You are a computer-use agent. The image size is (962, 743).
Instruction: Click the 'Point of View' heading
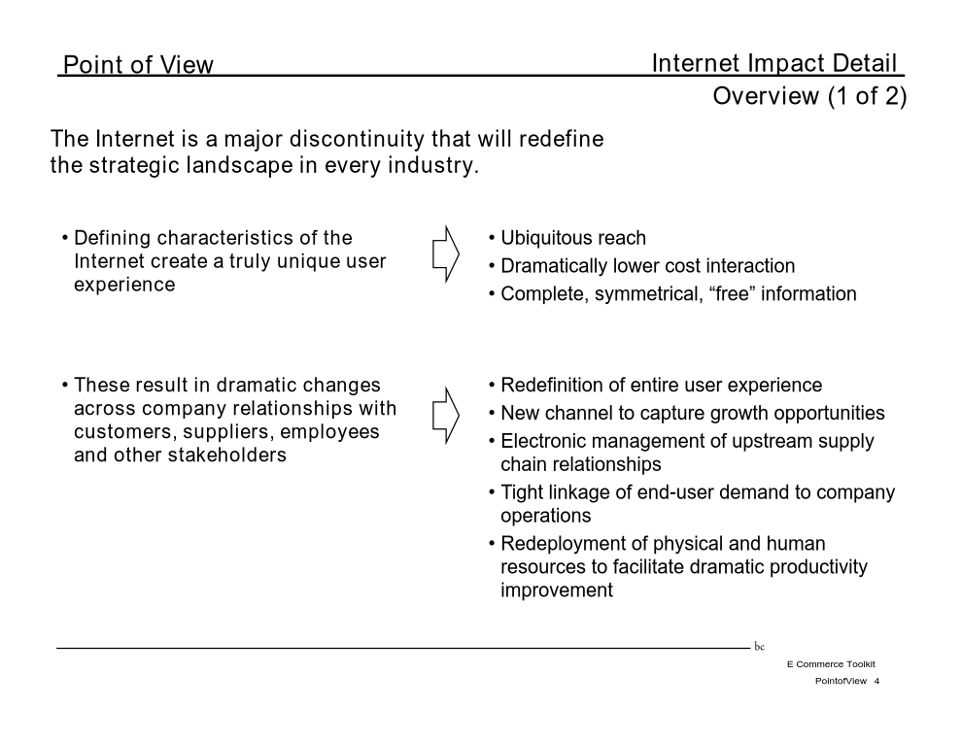(x=138, y=64)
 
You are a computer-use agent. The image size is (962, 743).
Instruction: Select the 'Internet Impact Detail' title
(x=773, y=62)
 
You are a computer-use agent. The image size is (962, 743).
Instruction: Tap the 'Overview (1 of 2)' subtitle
(x=809, y=96)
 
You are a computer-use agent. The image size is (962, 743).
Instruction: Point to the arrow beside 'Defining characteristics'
(x=446, y=253)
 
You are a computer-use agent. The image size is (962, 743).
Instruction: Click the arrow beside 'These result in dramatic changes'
(x=446, y=415)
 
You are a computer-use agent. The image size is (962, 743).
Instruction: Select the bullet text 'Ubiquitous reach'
(x=573, y=238)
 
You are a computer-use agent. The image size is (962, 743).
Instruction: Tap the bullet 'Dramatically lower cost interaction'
(x=648, y=266)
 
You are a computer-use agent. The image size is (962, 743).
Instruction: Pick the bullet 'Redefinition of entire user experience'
(x=662, y=385)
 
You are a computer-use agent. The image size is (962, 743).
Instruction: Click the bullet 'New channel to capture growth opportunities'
(x=693, y=413)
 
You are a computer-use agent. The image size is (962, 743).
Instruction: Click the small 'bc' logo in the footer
(x=760, y=646)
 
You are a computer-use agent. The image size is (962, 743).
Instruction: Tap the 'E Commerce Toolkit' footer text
(x=832, y=664)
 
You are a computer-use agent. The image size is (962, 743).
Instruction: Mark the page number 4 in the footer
(x=876, y=681)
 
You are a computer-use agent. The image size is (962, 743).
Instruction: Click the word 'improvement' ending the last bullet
(x=557, y=591)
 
